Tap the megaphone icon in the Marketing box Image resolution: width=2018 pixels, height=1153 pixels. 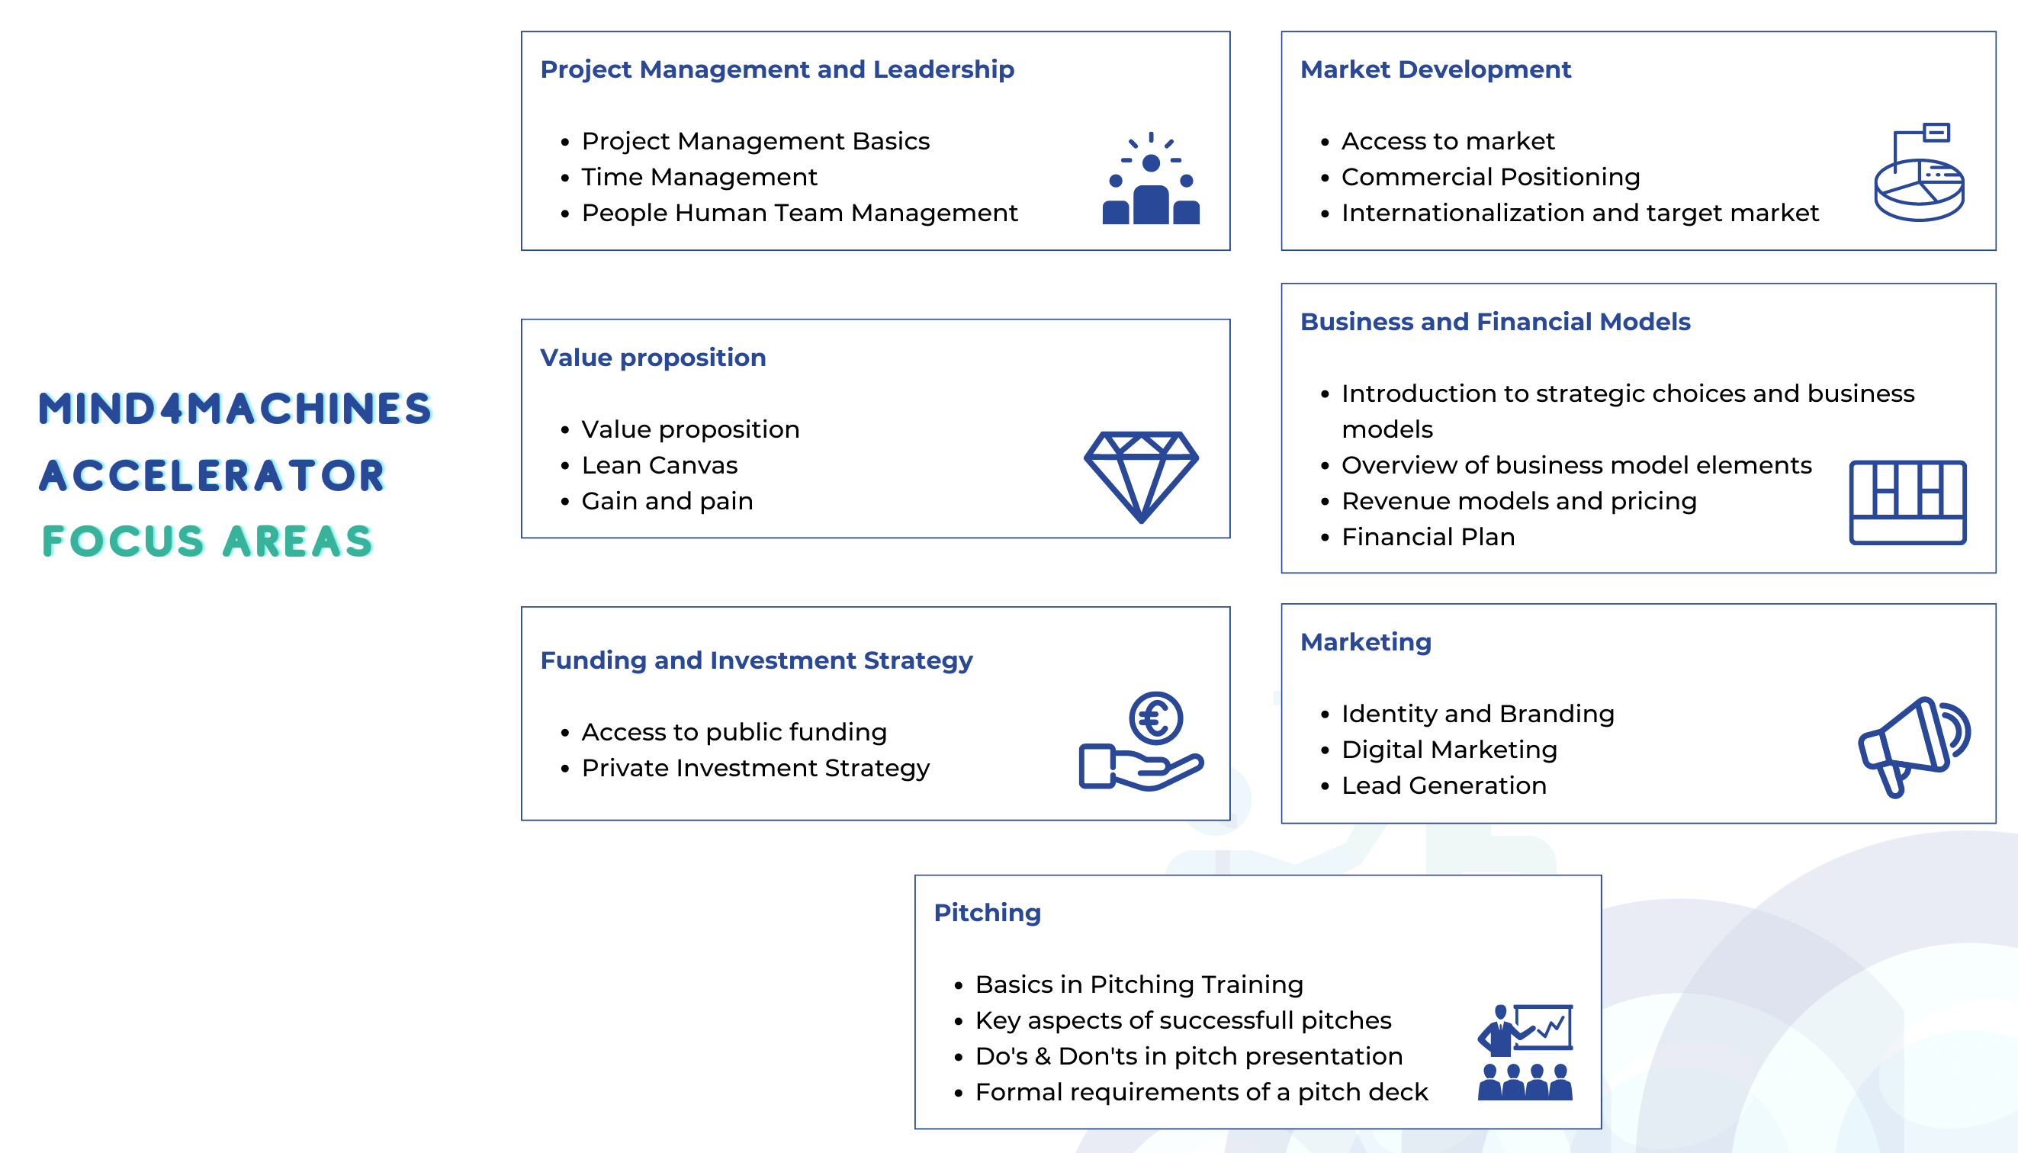coord(1914,746)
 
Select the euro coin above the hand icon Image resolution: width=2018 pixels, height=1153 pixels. coord(1155,718)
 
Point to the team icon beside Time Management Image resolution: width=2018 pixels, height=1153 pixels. coord(1151,180)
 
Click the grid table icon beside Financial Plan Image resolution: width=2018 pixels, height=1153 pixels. coord(1907,502)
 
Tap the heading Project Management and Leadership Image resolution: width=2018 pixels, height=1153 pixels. coord(777,69)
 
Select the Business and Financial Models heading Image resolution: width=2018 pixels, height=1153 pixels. coord(1495,322)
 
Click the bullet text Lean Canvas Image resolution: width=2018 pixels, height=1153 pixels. coord(659,466)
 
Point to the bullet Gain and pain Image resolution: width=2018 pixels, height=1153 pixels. coord(667,501)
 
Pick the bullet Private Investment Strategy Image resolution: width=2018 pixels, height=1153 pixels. coord(755,768)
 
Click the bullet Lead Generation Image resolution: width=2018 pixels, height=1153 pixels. coord(1443,785)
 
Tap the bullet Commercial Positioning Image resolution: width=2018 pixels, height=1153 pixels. coord(1489,178)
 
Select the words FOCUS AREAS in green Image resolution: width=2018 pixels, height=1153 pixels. coord(207,541)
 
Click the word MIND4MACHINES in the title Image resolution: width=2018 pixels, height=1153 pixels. coord(235,409)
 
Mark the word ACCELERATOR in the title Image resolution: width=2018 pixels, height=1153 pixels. coord(212,476)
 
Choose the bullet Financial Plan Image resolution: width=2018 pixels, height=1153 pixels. coord(1427,538)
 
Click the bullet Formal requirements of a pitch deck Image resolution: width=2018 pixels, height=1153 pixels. coord(1200,1093)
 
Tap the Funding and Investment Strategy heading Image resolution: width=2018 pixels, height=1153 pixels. coord(756,660)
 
